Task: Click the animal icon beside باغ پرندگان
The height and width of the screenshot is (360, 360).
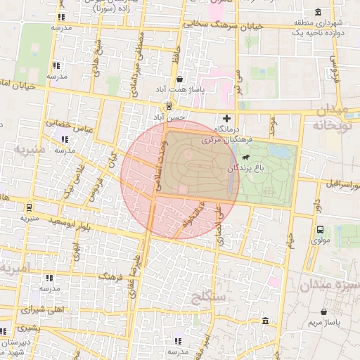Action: coord(244,169)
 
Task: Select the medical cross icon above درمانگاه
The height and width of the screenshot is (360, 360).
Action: coord(226,118)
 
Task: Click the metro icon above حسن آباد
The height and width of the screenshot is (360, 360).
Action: coord(167,105)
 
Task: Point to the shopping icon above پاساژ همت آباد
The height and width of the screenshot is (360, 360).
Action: coord(181,79)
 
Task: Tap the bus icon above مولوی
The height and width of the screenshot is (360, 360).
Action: coord(320,229)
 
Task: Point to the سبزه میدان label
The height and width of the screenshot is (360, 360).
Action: coord(330,285)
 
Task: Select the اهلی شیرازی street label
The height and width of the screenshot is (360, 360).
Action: coord(42,307)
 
